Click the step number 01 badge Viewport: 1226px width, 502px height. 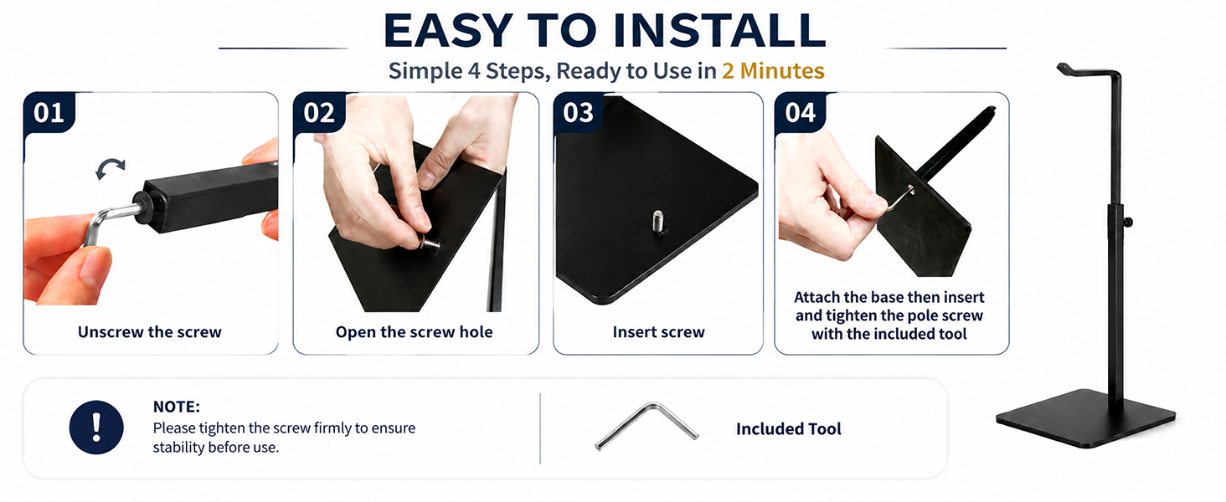[x=49, y=112]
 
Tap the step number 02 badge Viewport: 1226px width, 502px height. [x=318, y=112]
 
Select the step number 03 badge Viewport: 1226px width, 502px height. [x=578, y=112]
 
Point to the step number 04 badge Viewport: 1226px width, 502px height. [x=801, y=112]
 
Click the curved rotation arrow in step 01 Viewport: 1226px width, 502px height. [x=110, y=165]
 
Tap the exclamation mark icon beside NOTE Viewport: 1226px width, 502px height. [x=96, y=427]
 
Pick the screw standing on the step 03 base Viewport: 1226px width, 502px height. [x=659, y=223]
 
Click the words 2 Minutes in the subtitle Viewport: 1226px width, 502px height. [x=773, y=70]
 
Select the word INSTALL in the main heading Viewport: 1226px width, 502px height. [x=719, y=30]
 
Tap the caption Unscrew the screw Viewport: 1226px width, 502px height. [x=149, y=332]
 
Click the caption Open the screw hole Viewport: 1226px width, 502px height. [x=415, y=332]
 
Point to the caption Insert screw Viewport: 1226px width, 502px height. [x=658, y=332]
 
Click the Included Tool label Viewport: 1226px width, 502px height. [x=789, y=428]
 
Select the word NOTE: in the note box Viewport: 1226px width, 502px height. [x=176, y=407]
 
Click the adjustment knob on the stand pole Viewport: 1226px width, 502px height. [x=1127, y=222]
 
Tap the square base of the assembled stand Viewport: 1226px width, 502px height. [x=1085, y=418]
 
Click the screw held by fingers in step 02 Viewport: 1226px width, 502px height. [x=430, y=243]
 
